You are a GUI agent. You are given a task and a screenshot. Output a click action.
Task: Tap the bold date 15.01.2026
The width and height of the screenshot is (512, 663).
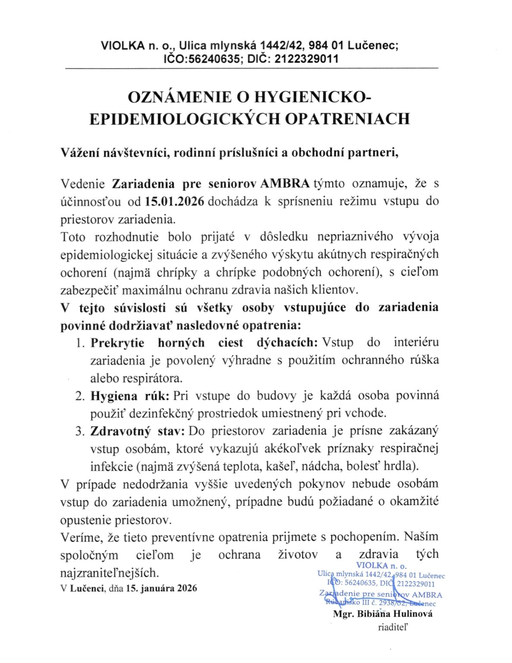[174, 202]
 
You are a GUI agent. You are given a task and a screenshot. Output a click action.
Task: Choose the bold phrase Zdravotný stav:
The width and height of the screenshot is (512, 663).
[138, 431]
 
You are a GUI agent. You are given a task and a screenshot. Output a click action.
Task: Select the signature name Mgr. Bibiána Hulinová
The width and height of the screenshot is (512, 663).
[383, 614]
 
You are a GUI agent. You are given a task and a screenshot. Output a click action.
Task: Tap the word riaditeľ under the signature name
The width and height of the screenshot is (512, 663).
[393, 627]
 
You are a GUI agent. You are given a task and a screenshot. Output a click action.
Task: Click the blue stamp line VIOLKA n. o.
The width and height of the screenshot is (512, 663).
[381, 566]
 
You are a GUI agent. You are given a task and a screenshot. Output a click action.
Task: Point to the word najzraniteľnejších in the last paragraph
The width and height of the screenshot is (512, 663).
[110, 573]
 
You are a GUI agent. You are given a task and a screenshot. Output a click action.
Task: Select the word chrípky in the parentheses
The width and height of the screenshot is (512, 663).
[177, 272]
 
